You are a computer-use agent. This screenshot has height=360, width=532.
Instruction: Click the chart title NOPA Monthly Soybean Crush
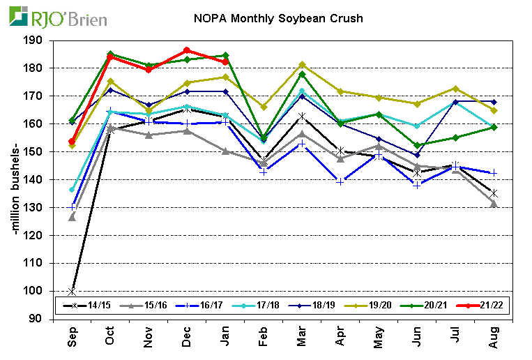tap(278, 19)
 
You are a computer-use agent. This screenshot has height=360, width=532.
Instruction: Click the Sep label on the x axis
tap(73, 338)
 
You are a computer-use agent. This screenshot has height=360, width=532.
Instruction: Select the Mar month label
tap(301, 338)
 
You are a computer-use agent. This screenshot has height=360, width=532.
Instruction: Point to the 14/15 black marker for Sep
tap(73, 291)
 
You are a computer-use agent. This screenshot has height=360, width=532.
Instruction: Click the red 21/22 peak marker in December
tap(186, 50)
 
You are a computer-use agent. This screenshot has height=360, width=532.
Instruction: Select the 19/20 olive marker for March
tap(301, 64)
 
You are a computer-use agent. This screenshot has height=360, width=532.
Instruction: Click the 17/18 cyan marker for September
tap(73, 190)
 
